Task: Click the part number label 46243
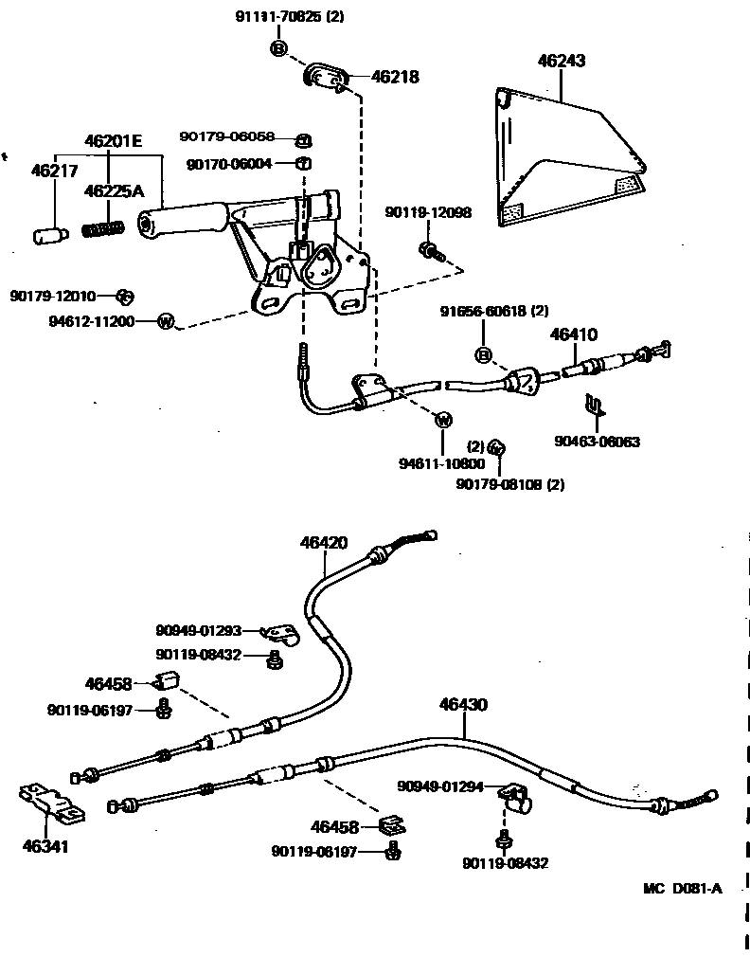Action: pyautogui.click(x=562, y=62)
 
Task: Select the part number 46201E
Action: pyautogui.click(x=113, y=142)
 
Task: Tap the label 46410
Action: pyautogui.click(x=574, y=334)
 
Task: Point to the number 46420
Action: pyautogui.click(x=324, y=543)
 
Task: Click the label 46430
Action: pyautogui.click(x=463, y=705)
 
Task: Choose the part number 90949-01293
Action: pyautogui.click(x=199, y=630)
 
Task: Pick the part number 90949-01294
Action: pyautogui.click(x=440, y=786)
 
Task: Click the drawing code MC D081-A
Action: pyautogui.click(x=682, y=888)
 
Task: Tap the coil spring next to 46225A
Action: pyautogui.click(x=104, y=229)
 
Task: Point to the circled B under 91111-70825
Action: pyautogui.click(x=279, y=48)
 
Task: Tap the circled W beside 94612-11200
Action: pyautogui.click(x=165, y=321)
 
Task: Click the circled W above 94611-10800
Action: pyautogui.click(x=442, y=420)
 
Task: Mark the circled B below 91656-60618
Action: pyautogui.click(x=482, y=355)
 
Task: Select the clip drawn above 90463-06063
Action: pyautogui.click(x=593, y=406)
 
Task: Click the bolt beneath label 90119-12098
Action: pyautogui.click(x=428, y=251)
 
